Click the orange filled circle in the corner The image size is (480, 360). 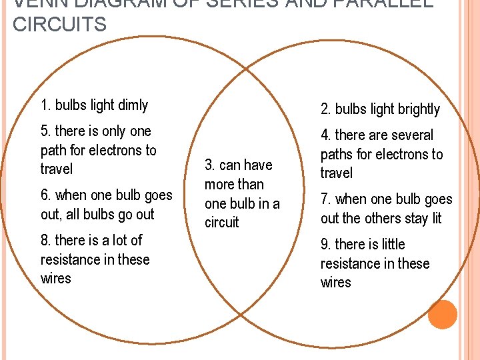(442, 315)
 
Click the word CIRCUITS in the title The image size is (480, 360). (59, 25)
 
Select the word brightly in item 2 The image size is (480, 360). (415, 109)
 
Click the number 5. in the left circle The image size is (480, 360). (46, 131)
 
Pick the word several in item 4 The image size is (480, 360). (410, 135)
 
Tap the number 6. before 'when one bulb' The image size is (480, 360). (46, 195)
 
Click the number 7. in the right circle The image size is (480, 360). (326, 199)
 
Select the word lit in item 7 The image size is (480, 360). (434, 219)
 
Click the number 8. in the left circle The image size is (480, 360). (46, 240)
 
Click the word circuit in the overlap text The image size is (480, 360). (222, 223)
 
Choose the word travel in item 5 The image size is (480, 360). (57, 169)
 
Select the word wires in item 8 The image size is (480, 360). (55, 279)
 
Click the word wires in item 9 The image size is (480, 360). (335, 283)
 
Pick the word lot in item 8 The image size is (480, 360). (118, 240)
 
